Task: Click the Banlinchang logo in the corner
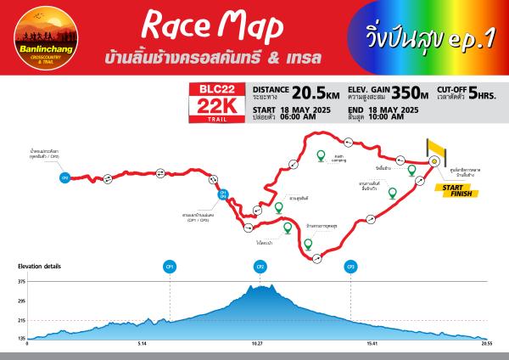[41, 39]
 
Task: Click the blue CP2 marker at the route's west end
[65, 178]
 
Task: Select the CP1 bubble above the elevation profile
[171, 267]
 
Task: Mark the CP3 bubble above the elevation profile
[350, 267]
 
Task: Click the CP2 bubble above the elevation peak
[260, 267]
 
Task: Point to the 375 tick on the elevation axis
[21, 282]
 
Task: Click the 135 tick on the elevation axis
[21, 338]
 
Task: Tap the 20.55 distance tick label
[487, 345]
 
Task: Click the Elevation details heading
[39, 266]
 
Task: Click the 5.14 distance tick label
[143, 345]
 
